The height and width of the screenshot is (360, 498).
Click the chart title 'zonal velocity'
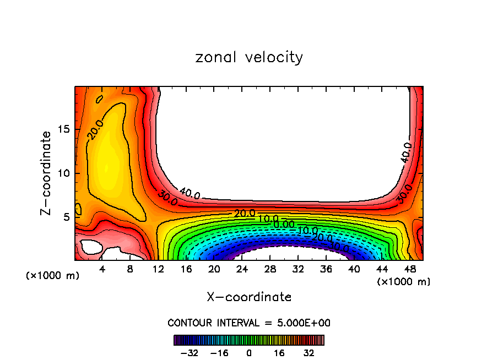point(249,57)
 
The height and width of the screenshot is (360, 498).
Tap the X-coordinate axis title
point(249,297)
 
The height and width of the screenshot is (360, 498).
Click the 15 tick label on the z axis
point(64,130)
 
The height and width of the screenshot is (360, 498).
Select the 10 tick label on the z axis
point(64,173)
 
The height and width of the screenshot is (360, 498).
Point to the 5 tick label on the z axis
point(67,217)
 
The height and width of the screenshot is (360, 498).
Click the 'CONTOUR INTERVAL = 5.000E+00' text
point(249,323)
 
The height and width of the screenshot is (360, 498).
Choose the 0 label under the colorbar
point(249,353)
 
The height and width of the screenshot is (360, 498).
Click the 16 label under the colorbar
point(279,353)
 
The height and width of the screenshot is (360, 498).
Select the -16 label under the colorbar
point(219,353)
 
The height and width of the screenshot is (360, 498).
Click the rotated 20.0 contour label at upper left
point(94,130)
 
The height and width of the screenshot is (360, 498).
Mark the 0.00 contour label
point(284,224)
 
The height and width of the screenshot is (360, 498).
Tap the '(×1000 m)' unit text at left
point(52,276)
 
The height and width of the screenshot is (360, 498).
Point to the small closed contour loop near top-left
point(99,100)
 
